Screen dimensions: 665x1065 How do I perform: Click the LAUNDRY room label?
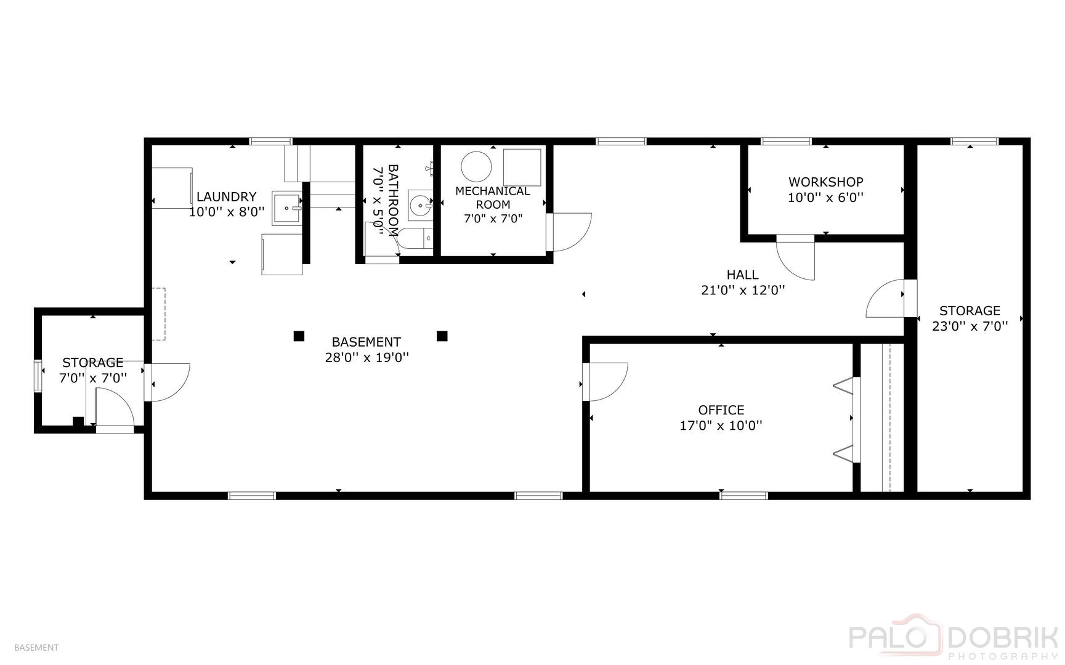point(226,197)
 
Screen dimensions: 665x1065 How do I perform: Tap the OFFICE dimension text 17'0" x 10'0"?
point(721,425)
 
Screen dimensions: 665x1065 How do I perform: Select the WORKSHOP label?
point(825,182)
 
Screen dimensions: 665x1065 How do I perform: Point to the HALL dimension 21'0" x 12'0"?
point(742,290)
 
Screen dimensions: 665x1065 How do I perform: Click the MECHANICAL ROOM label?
point(492,197)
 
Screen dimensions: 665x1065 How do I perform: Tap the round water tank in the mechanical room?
point(477,166)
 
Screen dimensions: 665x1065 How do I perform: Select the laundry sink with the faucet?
point(287,208)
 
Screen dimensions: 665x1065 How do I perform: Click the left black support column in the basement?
point(299,336)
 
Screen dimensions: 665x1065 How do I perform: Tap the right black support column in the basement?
point(442,336)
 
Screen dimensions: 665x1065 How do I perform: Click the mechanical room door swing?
point(572,232)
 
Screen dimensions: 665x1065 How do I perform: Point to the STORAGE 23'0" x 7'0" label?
point(970,318)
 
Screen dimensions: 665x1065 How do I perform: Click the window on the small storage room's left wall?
point(38,376)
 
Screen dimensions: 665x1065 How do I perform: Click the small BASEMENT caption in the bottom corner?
point(36,647)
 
